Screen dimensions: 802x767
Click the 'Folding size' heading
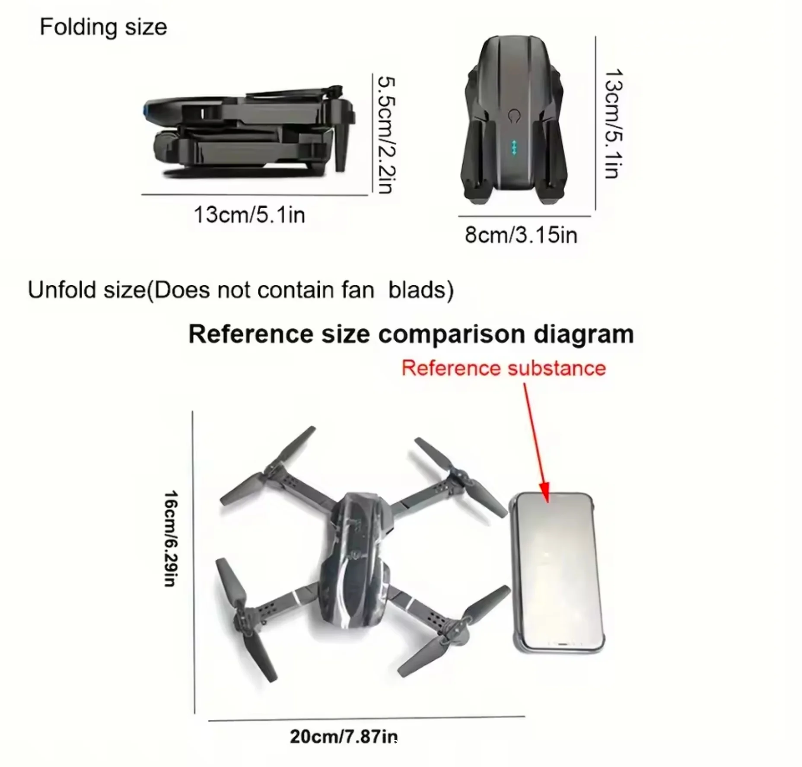[103, 28]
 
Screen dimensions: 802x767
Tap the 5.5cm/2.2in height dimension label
[386, 135]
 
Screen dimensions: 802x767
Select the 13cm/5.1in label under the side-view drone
[249, 215]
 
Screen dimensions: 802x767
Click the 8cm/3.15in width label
[521, 235]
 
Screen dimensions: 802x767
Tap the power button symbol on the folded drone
[514, 116]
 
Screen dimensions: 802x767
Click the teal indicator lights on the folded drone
[514, 147]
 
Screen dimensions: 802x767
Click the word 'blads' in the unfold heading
[420, 290]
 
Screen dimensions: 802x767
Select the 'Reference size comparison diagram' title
[411, 334]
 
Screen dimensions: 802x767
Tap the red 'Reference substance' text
[504, 368]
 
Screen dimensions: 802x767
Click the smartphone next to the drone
[557, 572]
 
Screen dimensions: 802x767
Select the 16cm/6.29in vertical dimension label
[171, 538]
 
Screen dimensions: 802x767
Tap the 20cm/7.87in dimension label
[344, 736]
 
